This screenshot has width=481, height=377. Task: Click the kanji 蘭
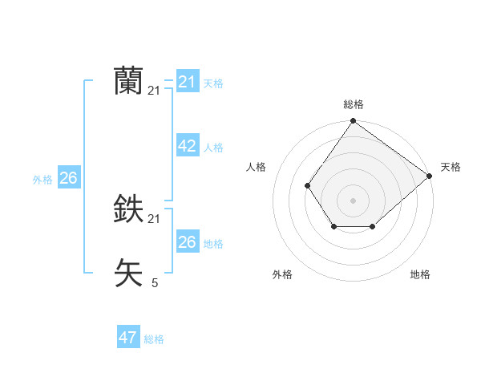pyautogui.click(x=128, y=81)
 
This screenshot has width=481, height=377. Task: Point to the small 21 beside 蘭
pyautogui.click(x=154, y=91)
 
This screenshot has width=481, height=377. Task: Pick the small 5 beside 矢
pyautogui.click(x=154, y=282)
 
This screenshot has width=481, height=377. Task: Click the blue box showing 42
pyautogui.click(x=187, y=146)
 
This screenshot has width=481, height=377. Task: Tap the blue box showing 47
pyautogui.click(x=127, y=338)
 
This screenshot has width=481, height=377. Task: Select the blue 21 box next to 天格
pyautogui.click(x=187, y=82)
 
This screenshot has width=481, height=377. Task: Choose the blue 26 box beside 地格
pyautogui.click(x=187, y=242)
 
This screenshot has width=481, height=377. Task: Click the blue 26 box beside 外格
pyautogui.click(x=68, y=178)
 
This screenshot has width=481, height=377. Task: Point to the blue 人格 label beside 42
pyautogui.click(x=213, y=148)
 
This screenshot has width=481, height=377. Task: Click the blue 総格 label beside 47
pyautogui.click(x=154, y=339)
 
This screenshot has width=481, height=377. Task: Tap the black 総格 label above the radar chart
pyautogui.click(x=354, y=104)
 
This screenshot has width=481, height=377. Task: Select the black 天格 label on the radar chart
pyautogui.click(x=451, y=167)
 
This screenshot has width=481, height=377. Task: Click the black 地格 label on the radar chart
pyautogui.click(x=420, y=274)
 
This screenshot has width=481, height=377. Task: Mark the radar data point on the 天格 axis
pyautogui.click(x=430, y=175)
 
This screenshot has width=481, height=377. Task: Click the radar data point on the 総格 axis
pyautogui.click(x=354, y=121)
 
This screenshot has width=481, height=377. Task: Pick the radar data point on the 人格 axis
pyautogui.click(x=308, y=185)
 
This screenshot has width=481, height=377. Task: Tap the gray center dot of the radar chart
pyautogui.click(x=354, y=200)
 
